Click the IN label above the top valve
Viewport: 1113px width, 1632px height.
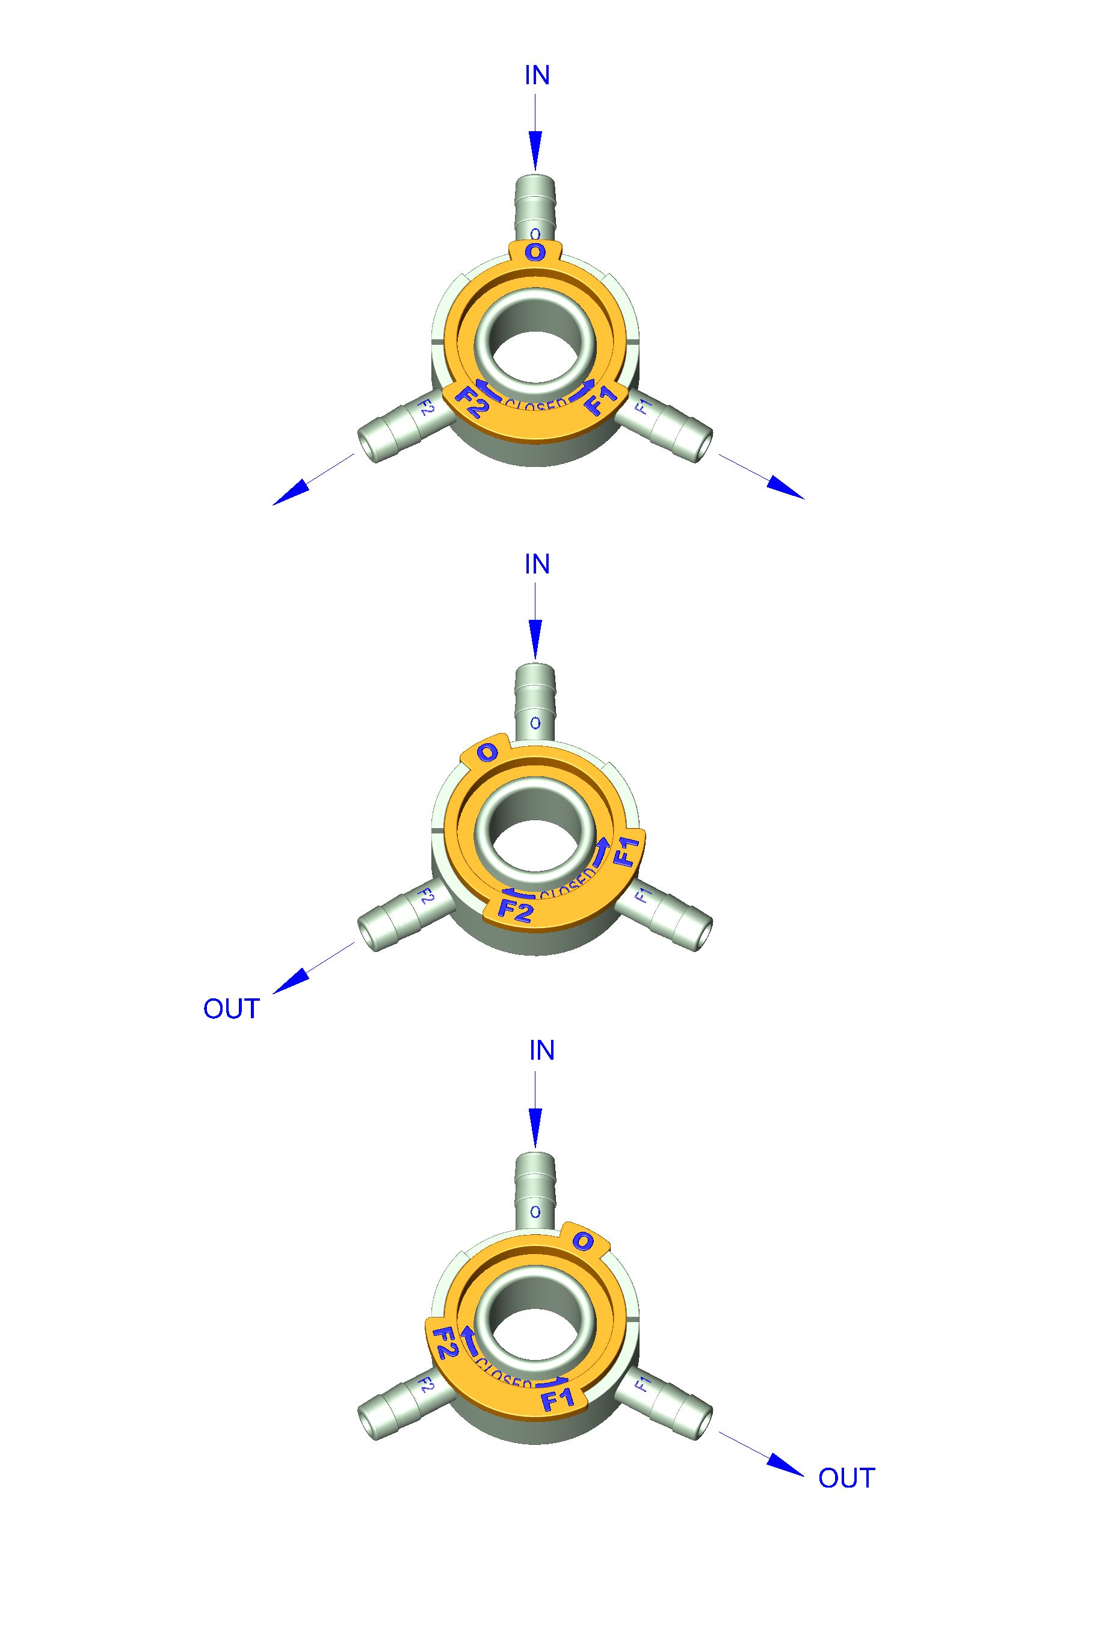[537, 75]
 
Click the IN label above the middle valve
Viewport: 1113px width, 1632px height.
[537, 564]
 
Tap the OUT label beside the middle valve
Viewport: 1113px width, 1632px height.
[231, 1009]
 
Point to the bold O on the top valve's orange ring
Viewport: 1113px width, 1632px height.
[535, 252]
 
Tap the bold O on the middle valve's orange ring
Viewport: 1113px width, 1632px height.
[487, 753]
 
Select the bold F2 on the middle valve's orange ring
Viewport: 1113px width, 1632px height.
[515, 911]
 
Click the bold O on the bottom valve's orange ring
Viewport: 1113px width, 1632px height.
[583, 1241]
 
